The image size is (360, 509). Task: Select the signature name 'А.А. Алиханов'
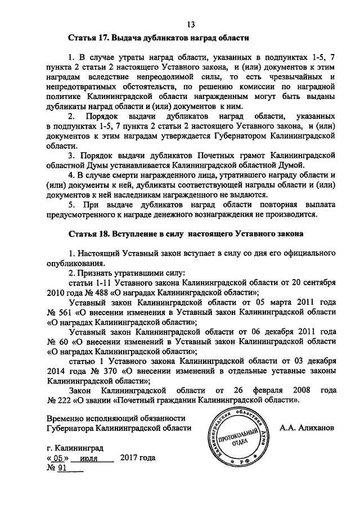(307, 427)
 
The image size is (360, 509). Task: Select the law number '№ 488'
(104, 292)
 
